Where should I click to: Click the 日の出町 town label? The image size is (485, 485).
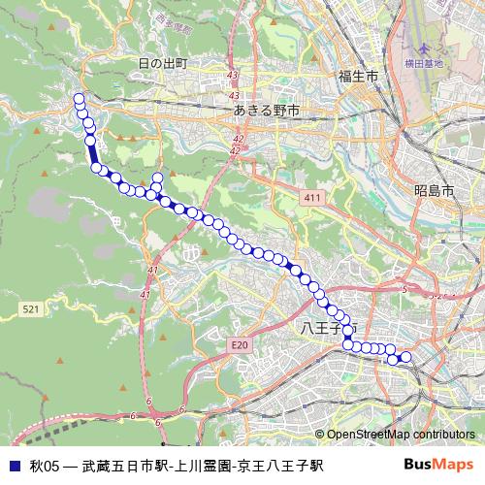click(x=161, y=64)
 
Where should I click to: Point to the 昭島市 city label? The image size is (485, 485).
click(x=433, y=191)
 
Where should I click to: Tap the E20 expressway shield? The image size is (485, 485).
click(x=241, y=344)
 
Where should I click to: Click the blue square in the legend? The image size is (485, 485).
click(x=14, y=466)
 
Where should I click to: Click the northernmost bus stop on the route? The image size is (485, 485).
click(x=79, y=98)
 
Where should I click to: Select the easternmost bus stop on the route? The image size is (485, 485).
click(x=406, y=358)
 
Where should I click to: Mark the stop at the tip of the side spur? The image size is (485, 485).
click(x=157, y=177)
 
